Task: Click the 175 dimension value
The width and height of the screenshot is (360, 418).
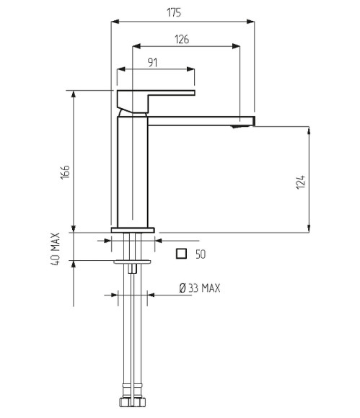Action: (174, 12)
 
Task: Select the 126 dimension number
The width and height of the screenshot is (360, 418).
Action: (182, 40)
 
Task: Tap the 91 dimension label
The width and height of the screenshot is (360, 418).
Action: (152, 63)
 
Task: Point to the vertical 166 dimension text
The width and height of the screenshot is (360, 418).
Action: (65, 172)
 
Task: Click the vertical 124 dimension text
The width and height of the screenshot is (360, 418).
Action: (300, 182)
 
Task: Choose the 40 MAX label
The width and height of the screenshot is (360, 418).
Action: (56, 249)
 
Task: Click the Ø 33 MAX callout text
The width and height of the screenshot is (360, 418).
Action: (200, 288)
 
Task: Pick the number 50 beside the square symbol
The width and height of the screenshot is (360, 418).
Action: (201, 254)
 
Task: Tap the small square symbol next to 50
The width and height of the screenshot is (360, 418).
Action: (181, 254)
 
